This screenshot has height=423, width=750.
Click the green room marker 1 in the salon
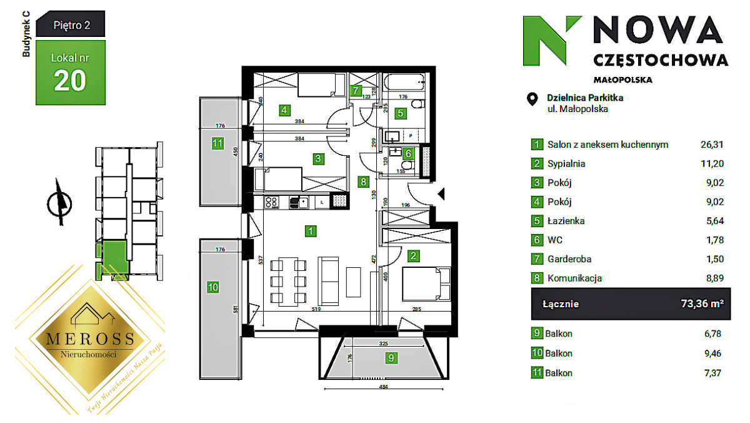[310, 232]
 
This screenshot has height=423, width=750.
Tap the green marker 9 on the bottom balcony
[391, 359]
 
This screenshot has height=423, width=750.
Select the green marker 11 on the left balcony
[217, 143]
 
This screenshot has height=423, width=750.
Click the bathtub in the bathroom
[404, 82]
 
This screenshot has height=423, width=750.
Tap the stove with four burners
[272, 201]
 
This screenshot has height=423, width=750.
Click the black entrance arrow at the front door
[442, 194]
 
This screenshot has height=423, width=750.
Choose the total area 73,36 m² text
[702, 304]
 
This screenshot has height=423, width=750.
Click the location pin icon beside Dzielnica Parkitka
[532, 99]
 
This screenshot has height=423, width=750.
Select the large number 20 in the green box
[70, 81]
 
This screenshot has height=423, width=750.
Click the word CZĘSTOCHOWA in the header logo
[659, 60]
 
